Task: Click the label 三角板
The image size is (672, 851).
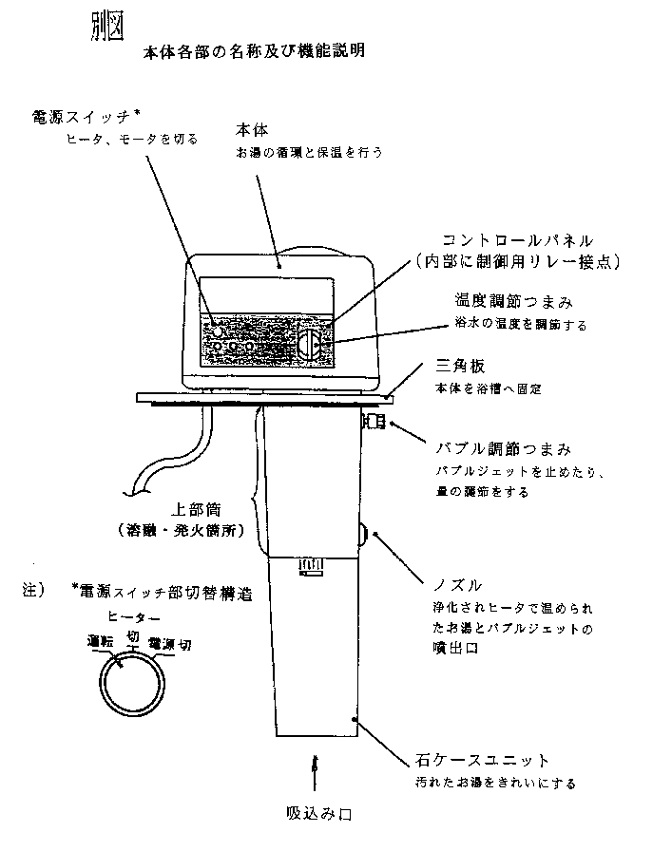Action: click(x=462, y=367)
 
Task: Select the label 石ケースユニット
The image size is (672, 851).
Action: click(x=483, y=759)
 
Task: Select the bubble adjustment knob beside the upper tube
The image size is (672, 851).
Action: click(x=373, y=420)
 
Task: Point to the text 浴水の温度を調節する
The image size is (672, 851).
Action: click(x=518, y=325)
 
